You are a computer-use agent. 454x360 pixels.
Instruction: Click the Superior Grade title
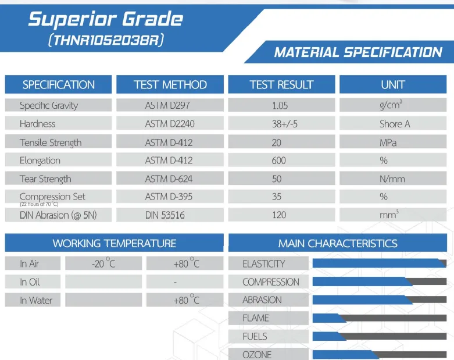coord(106,19)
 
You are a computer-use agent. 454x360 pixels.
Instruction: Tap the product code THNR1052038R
coord(106,40)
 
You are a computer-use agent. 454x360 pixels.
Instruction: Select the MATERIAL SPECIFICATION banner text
coord(358,52)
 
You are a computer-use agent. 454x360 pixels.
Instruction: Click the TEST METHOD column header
coord(170,84)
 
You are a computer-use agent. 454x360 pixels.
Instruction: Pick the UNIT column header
coord(393,84)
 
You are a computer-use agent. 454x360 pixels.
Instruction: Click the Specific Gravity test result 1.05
coord(280,106)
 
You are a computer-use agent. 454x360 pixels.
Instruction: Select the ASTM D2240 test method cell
coord(170,124)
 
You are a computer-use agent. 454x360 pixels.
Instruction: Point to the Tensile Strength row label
coord(51,143)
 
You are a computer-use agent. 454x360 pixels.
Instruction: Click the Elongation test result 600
coord(279,161)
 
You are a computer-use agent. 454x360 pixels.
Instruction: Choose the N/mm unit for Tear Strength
coord(392,179)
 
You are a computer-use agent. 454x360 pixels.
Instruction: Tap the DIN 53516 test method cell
coord(165,215)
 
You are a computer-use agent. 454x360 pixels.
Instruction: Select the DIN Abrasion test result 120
coord(279,215)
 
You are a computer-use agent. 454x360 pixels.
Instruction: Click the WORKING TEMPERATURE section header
coord(115,243)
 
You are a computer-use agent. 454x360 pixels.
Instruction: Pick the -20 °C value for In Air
coord(103,263)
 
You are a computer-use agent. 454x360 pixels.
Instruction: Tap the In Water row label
coord(36,300)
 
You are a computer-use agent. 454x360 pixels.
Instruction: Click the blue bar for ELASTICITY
coord(377,263)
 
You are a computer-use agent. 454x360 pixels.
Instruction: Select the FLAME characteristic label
coord(256,318)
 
